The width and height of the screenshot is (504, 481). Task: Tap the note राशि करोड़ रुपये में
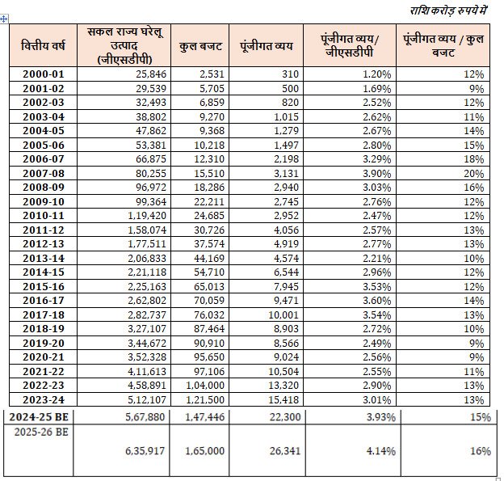(x=448, y=11)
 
